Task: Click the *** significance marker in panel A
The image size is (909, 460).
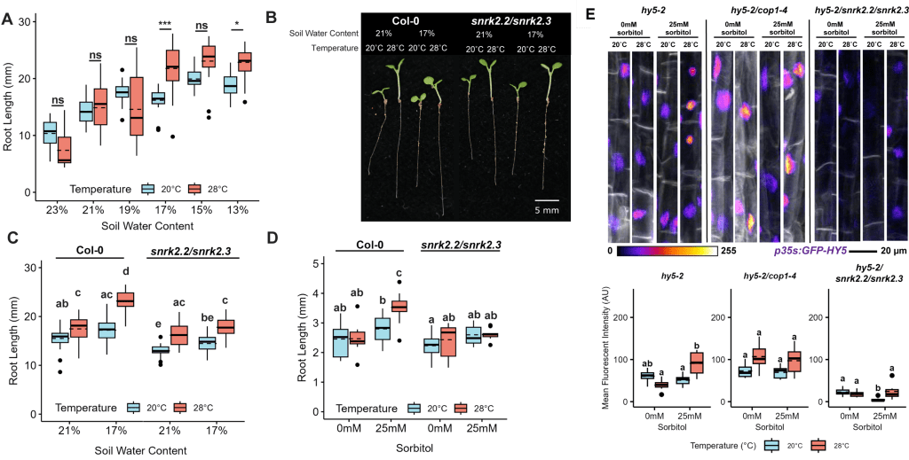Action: [x=165, y=25]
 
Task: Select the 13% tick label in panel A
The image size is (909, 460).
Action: [x=235, y=210]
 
